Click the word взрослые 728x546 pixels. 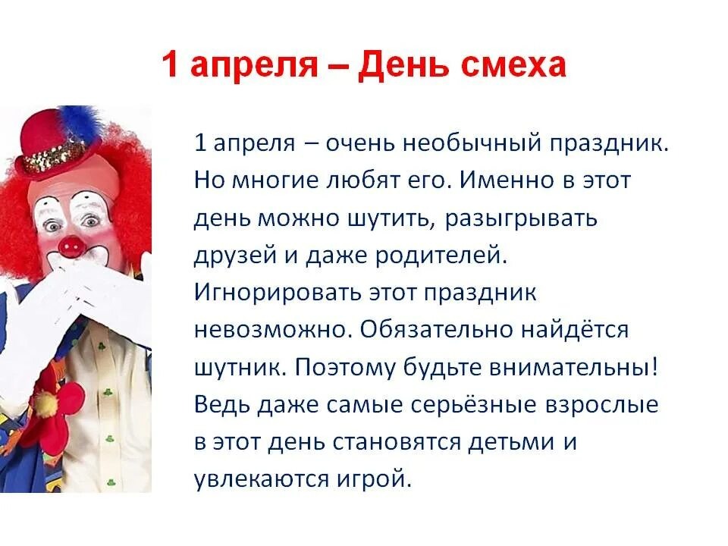tap(602, 405)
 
